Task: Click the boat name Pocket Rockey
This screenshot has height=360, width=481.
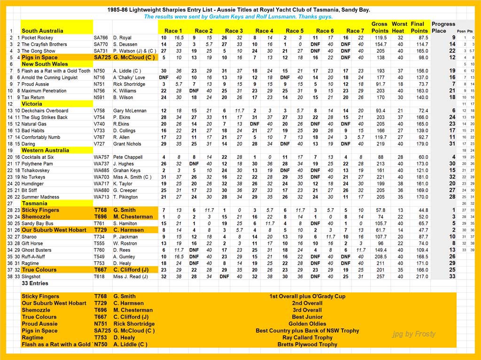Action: (37, 38)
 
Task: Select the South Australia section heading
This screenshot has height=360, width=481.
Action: (42, 31)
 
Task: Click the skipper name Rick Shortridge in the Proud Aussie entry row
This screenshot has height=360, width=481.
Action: (129, 84)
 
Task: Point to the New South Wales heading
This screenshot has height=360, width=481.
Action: (45, 64)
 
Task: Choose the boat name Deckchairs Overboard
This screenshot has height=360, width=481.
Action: (45, 111)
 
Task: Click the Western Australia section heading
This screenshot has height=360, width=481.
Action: (45, 150)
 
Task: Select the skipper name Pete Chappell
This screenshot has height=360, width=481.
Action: (127, 157)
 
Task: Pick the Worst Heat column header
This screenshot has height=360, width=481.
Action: (399, 27)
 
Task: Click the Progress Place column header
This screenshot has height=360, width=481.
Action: (443, 27)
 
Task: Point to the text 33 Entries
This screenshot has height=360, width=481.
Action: (35, 284)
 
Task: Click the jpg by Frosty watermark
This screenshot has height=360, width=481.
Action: (414, 334)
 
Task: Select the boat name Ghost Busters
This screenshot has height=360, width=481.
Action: (37, 250)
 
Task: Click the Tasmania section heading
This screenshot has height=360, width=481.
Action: (35, 203)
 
